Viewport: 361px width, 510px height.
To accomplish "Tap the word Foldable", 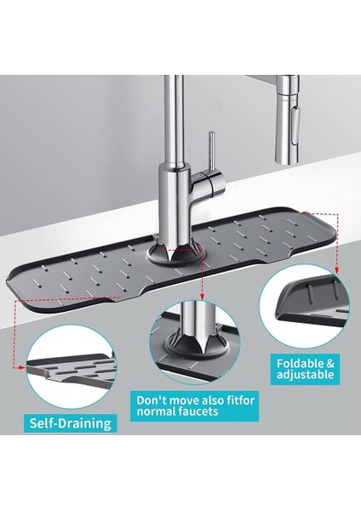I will (301, 363).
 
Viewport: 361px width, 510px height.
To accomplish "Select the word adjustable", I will (305, 380).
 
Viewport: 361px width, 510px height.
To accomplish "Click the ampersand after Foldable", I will (330, 363).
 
